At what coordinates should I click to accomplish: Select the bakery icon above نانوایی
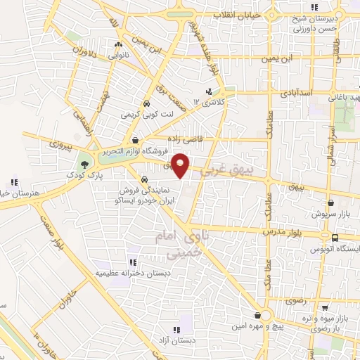117,46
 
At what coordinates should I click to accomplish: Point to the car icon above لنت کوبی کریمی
145,104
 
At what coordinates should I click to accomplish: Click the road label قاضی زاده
183,139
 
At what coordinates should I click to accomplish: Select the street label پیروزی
60,143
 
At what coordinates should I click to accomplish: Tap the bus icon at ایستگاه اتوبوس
335,237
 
